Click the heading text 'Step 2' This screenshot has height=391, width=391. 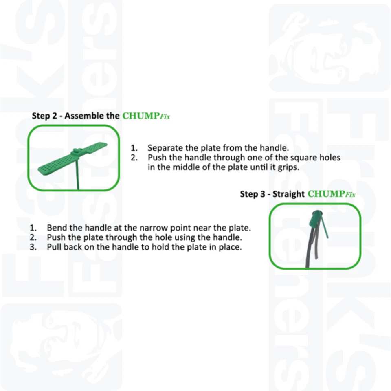44,116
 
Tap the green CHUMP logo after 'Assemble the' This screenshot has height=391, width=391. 141,116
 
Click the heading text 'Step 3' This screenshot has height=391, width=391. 252,194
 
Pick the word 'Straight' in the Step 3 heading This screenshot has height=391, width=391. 288,194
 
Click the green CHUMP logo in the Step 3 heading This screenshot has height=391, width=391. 326,194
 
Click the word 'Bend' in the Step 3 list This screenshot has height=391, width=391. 56,228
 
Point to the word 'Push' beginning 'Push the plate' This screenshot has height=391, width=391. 56,237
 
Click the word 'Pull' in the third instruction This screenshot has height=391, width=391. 54,247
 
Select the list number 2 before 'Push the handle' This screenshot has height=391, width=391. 134,158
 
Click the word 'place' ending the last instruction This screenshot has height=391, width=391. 230,247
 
